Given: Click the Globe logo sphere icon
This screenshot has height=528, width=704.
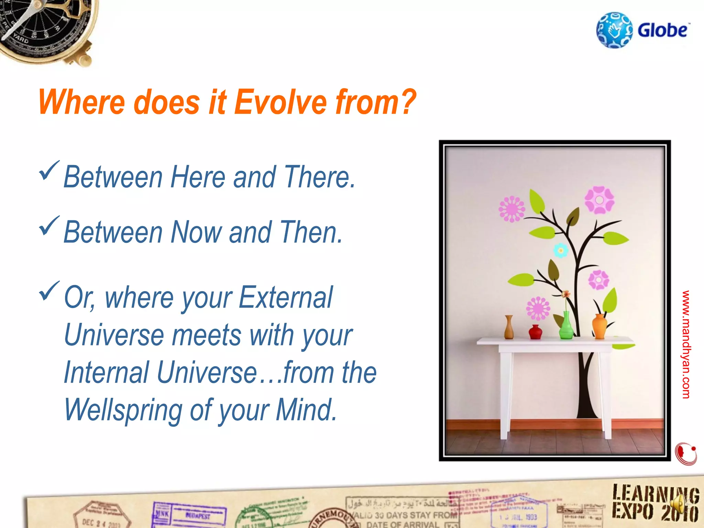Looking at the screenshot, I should coord(614,30).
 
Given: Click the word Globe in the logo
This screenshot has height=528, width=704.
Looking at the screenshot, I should coord(663,30).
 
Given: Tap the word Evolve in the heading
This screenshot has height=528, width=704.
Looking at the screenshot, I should coord(280,102).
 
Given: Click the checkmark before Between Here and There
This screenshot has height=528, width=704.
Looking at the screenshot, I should coord(49,170).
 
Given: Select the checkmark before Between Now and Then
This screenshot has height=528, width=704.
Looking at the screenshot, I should coord(49,226).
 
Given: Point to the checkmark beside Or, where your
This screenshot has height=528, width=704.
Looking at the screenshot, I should coord(49,291).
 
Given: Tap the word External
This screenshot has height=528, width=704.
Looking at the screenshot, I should coord(285,298).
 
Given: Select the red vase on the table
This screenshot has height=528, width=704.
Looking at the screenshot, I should coord(535,332).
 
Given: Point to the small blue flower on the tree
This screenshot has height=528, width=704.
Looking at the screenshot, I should coord(561,251).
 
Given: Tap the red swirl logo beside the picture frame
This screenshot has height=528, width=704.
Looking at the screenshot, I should coord(686,454).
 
